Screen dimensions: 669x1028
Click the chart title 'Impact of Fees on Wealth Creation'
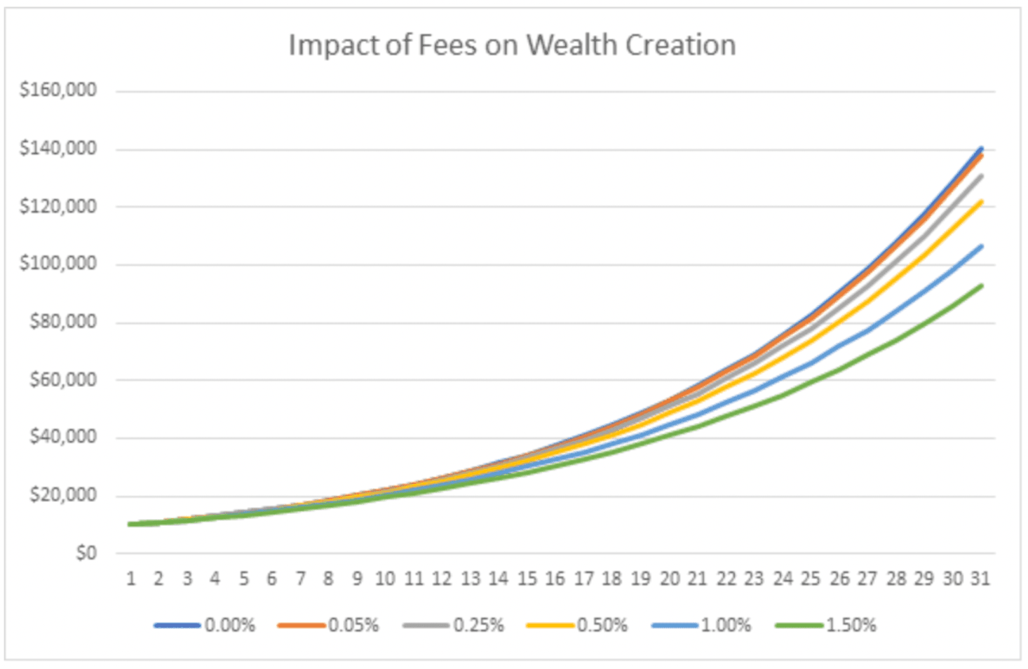click(512, 46)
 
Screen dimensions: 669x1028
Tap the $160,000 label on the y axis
click(58, 90)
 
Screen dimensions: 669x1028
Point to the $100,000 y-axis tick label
click(58, 264)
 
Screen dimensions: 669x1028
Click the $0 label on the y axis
click(86, 553)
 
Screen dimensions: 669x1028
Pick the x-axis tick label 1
click(130, 579)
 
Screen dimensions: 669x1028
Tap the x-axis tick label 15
click(527, 579)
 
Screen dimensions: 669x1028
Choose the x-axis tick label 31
click(980, 579)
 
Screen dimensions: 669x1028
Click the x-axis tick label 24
click(783, 579)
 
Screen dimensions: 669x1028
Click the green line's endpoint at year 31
click(981, 285)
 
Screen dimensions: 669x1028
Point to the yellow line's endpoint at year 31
click(981, 202)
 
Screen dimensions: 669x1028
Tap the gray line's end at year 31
click(981, 176)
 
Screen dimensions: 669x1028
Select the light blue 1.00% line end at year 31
click(981, 246)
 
